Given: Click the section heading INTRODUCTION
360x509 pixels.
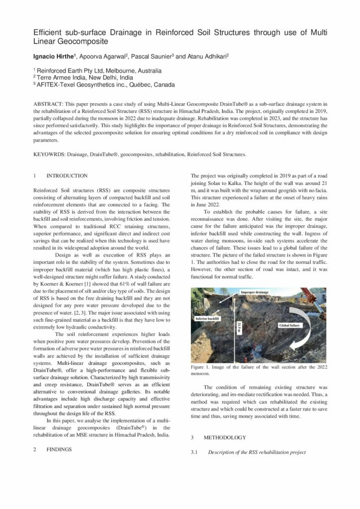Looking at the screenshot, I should click(67, 175).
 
